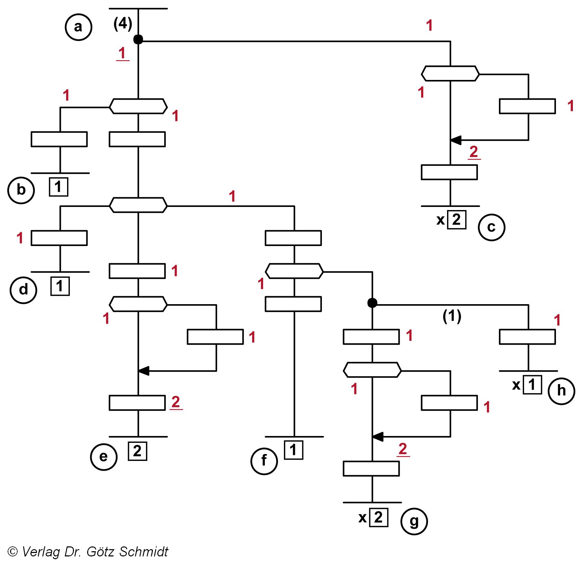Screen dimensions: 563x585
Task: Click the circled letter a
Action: point(78,27)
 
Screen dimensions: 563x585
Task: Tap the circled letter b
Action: point(21,190)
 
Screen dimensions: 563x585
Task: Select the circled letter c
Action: point(491,227)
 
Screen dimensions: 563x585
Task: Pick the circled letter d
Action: point(23,290)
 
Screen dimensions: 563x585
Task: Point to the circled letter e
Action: point(104,457)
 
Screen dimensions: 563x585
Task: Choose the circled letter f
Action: point(264,461)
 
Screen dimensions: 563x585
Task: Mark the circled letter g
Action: point(414,521)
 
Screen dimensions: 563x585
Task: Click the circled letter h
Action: point(561,391)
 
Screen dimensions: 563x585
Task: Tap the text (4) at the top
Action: point(123,24)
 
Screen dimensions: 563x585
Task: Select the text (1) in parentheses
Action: point(452,316)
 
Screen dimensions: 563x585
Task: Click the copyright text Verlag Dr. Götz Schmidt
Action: point(88,552)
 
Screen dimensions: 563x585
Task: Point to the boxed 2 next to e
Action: point(138,451)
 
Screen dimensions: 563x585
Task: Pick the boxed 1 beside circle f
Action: point(294,450)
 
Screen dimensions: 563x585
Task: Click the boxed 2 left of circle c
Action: point(457,220)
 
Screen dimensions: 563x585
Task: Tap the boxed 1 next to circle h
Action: point(532,384)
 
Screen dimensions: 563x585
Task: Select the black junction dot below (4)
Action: point(138,39)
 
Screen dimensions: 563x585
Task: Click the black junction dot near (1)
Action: point(372,303)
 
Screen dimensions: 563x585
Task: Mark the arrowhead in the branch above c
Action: point(456,140)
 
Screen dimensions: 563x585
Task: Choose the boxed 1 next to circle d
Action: point(60,286)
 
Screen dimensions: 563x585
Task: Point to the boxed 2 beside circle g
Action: point(379,518)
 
